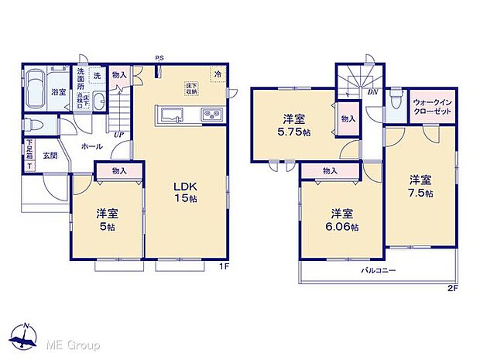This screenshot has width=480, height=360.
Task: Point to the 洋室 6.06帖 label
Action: (341, 220)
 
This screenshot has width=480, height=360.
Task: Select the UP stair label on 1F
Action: (118, 135)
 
